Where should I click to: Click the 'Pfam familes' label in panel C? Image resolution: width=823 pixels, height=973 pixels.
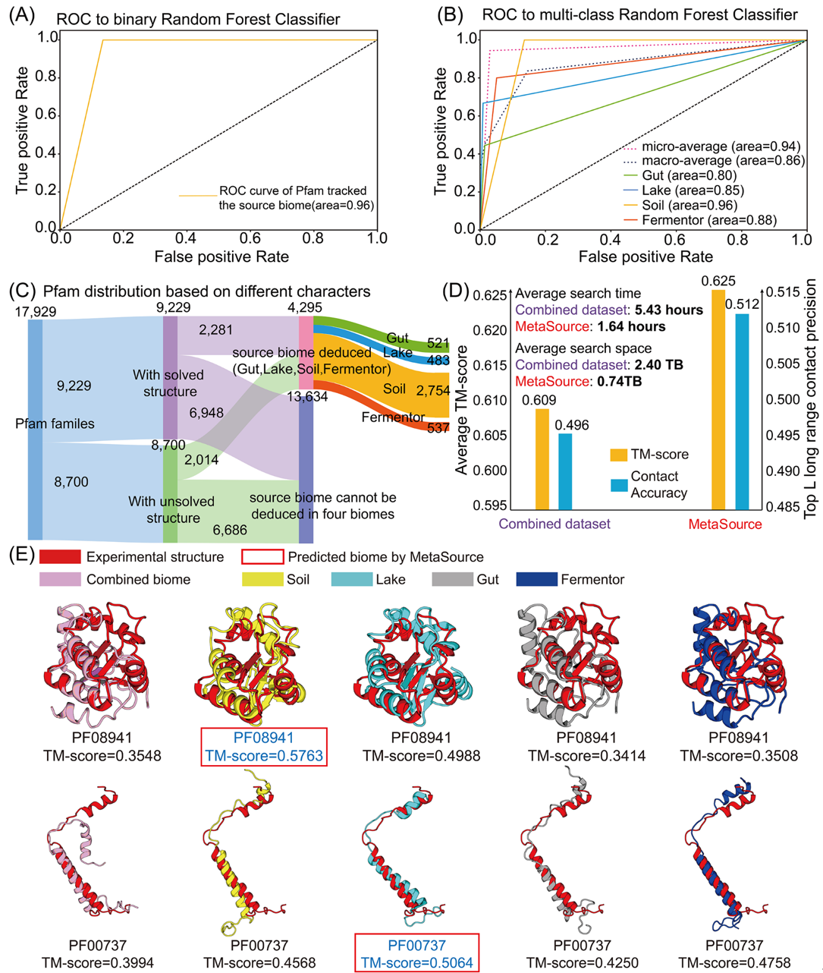click(x=55, y=424)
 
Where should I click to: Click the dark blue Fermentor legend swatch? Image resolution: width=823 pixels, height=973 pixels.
click(x=536, y=580)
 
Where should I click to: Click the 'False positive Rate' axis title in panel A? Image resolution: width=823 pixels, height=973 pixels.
click(x=221, y=257)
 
